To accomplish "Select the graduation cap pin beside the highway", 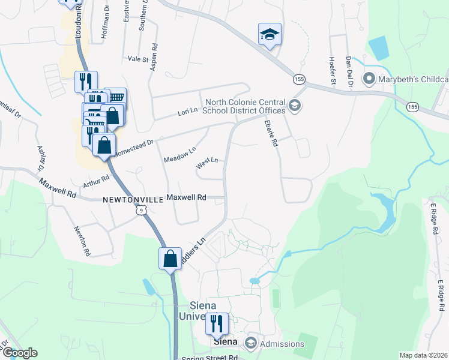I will (x=270, y=35).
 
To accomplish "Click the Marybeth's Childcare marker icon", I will (x=369, y=79).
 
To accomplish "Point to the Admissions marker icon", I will (x=250, y=344).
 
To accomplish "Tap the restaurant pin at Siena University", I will (x=217, y=324).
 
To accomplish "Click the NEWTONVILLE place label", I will (x=133, y=199).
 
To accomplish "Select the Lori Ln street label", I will (x=187, y=112).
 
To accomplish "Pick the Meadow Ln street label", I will (x=180, y=155).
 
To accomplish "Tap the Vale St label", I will (x=138, y=59).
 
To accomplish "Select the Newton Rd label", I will (x=82, y=241).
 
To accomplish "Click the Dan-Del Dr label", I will (x=348, y=70).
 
